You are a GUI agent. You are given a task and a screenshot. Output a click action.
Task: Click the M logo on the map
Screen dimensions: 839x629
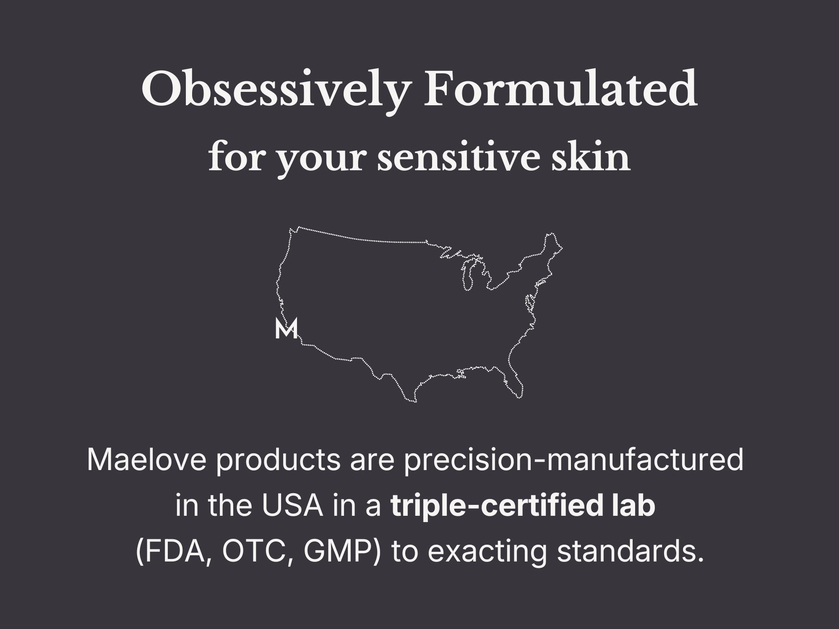(x=287, y=328)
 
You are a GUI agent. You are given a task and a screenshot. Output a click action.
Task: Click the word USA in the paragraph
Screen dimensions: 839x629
(x=293, y=506)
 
